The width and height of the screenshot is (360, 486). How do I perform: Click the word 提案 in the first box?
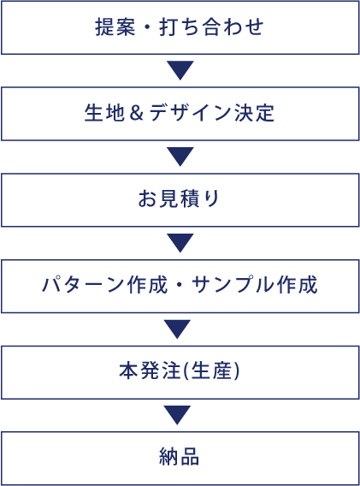coord(115,27)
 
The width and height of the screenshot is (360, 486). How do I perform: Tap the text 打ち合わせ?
coord(211,27)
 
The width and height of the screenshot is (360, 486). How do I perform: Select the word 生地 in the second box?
coord(104,113)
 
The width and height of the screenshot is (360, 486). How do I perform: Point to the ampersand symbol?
coord(136,113)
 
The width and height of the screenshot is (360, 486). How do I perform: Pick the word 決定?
coord(254,113)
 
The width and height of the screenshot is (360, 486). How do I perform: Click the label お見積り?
coord(179,199)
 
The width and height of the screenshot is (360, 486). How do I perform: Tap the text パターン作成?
coord(104,285)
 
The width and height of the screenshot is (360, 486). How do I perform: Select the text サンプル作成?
coord(255,285)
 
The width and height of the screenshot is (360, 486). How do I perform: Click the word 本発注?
coord(150,371)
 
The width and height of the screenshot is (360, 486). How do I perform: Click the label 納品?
coord(179,457)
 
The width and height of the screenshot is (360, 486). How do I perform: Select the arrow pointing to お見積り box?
coord(180,156)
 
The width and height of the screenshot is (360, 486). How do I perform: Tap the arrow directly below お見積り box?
coord(180,242)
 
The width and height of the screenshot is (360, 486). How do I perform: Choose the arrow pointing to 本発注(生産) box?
coord(177,329)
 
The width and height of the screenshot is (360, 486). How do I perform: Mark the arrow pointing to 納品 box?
coord(177,414)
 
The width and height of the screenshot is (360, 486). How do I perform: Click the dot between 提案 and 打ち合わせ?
coord(147,27)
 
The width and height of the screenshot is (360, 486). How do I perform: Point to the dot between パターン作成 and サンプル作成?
coord(180,285)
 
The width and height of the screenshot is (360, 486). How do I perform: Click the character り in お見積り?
coord(212,199)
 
